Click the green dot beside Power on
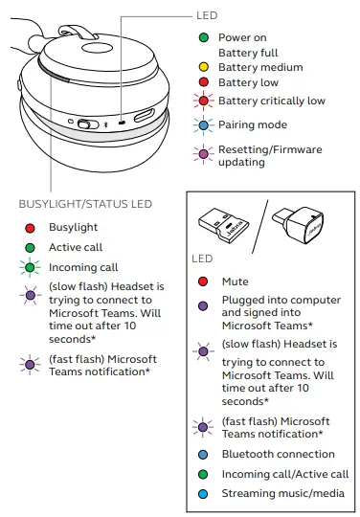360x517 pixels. point(205,37)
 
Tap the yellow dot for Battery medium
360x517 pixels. point(205,68)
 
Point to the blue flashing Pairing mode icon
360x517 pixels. point(205,125)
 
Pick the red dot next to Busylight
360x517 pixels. point(31,229)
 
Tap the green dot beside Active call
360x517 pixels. point(31,248)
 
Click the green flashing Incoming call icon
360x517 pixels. point(31,269)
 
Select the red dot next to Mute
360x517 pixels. point(203,282)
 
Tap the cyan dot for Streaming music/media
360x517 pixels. point(203,494)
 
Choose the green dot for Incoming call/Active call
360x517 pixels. point(203,474)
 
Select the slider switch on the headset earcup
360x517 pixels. point(85,124)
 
